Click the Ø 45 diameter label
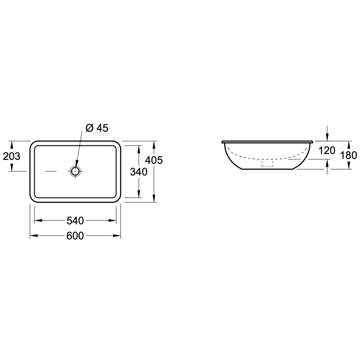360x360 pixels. (97, 128)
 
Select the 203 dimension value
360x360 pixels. (12, 156)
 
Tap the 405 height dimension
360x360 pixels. (154, 160)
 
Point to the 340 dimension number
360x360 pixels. (139, 172)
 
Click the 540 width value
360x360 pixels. (75, 221)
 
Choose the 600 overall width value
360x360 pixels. (75, 236)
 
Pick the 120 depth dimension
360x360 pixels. (327, 151)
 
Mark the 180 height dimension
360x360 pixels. (348, 156)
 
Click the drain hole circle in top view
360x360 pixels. (75, 171)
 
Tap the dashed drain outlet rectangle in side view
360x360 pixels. (267, 163)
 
